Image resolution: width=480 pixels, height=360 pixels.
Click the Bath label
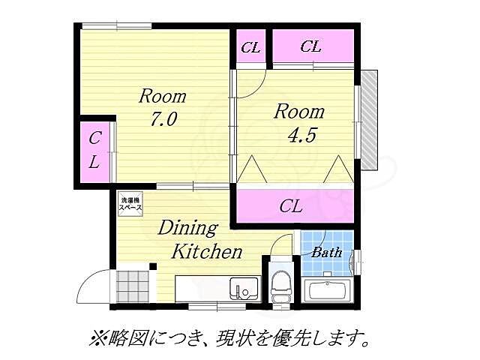(x=326, y=253)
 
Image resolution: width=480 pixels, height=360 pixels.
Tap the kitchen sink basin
(x=244, y=287)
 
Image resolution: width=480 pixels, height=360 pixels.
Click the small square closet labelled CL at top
(x=250, y=47)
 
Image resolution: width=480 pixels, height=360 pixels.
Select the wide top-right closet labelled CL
(x=311, y=47)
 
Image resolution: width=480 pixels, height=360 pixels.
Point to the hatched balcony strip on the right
(x=368, y=120)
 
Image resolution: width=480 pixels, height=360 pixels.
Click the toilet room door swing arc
(x=283, y=244)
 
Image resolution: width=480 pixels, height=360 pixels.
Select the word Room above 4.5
(x=298, y=112)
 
